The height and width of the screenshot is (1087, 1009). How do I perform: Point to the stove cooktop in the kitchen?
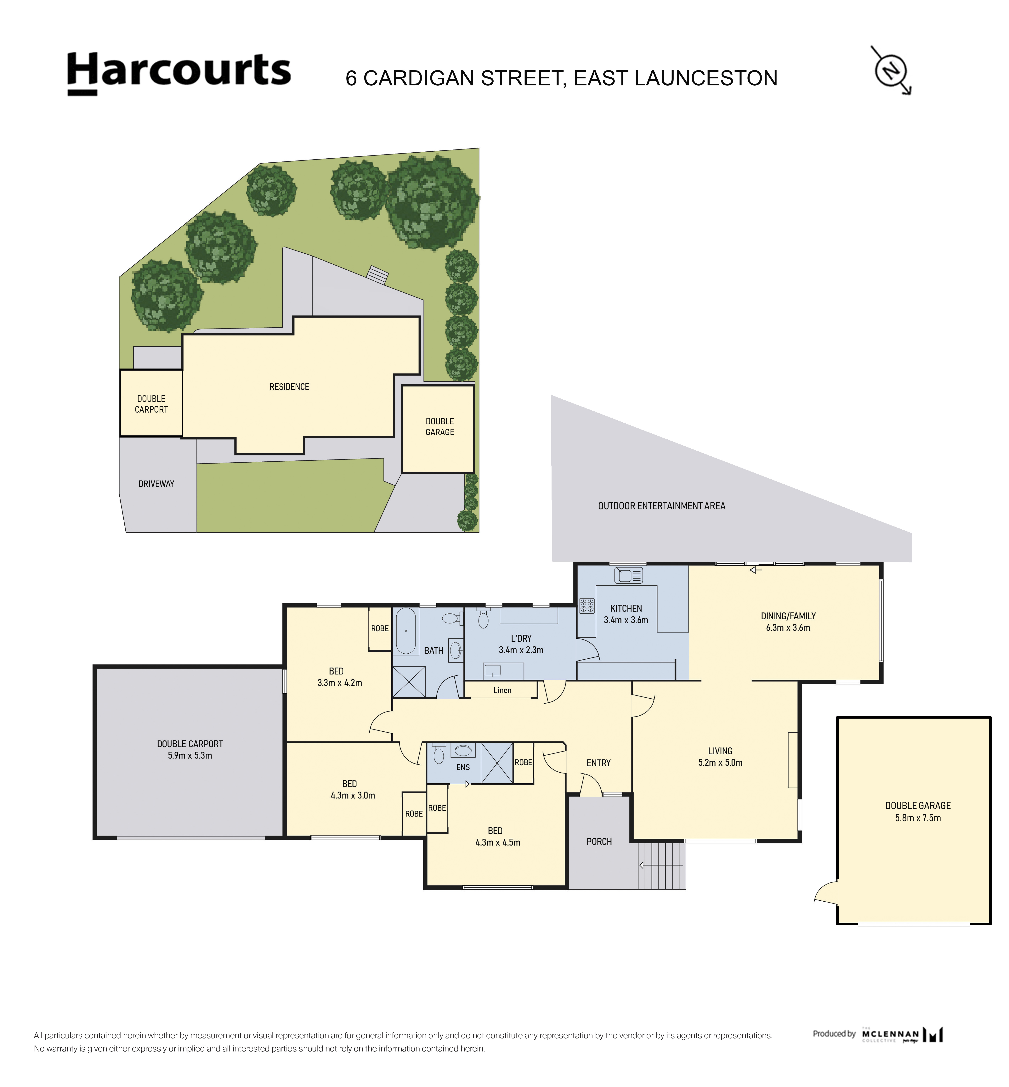pyautogui.click(x=587, y=605)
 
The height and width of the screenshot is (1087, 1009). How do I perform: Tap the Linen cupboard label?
pyautogui.click(x=502, y=691)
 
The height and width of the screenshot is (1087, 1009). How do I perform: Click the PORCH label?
pyautogui.click(x=599, y=842)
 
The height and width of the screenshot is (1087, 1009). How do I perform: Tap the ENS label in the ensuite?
pyautogui.click(x=463, y=767)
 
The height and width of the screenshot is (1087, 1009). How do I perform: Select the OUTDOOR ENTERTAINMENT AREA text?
pyautogui.click(x=662, y=506)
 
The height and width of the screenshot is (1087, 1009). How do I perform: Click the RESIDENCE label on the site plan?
pyautogui.click(x=289, y=387)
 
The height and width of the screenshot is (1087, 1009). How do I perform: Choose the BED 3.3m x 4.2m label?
pyautogui.click(x=340, y=677)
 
